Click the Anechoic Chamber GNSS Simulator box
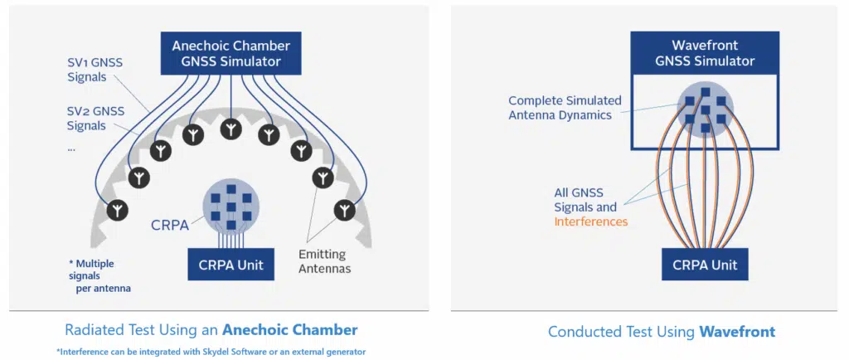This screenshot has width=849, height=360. (231, 53)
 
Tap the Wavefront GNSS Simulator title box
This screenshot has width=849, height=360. (705, 53)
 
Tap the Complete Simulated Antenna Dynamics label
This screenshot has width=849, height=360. (564, 108)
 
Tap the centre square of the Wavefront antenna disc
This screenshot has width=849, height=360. (705, 110)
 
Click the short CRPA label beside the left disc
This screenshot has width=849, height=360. (170, 225)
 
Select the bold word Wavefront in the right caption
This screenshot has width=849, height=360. (737, 332)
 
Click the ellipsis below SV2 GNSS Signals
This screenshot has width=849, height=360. (71, 149)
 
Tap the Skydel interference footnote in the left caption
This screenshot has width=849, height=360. (211, 351)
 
